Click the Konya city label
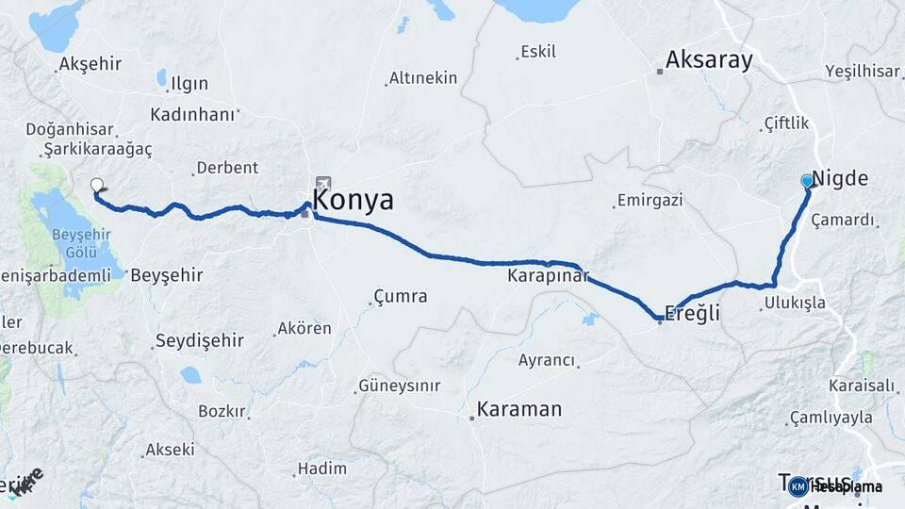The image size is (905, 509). (353, 200)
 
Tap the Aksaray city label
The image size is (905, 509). (709, 60)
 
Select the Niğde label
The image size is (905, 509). (840, 179)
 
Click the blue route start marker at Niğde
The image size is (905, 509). (807, 180)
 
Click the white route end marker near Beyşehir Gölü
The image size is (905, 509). (96, 185)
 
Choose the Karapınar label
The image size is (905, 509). (548, 276)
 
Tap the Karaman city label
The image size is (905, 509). (518, 409)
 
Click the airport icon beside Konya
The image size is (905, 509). (323, 183)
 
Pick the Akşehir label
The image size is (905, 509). (90, 64)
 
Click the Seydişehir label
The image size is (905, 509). (199, 340)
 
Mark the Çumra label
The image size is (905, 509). (401, 296)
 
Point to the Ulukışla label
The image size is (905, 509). (795, 303)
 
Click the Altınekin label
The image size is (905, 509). (423, 78)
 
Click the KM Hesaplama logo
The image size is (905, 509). (834, 486)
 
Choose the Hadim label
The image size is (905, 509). (321, 468)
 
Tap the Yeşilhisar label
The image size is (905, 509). (863, 71)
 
